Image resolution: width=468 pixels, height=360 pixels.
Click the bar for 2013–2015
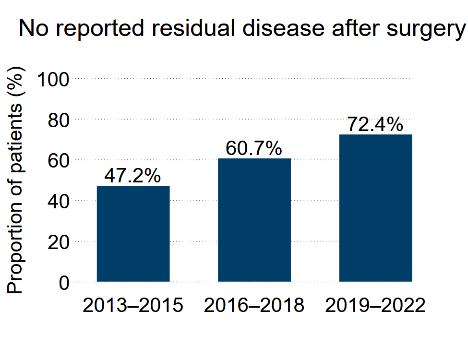133,234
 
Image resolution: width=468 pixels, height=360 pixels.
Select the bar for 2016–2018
254,220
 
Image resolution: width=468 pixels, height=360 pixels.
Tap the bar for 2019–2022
375,208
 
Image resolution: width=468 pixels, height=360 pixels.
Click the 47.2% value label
132,176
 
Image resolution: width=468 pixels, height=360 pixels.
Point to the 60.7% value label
253,149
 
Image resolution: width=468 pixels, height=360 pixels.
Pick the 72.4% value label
375,125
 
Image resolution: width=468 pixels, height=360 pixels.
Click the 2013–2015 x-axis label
132,306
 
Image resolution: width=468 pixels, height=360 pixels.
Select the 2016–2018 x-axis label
254,306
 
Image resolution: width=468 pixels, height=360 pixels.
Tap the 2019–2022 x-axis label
375,306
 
